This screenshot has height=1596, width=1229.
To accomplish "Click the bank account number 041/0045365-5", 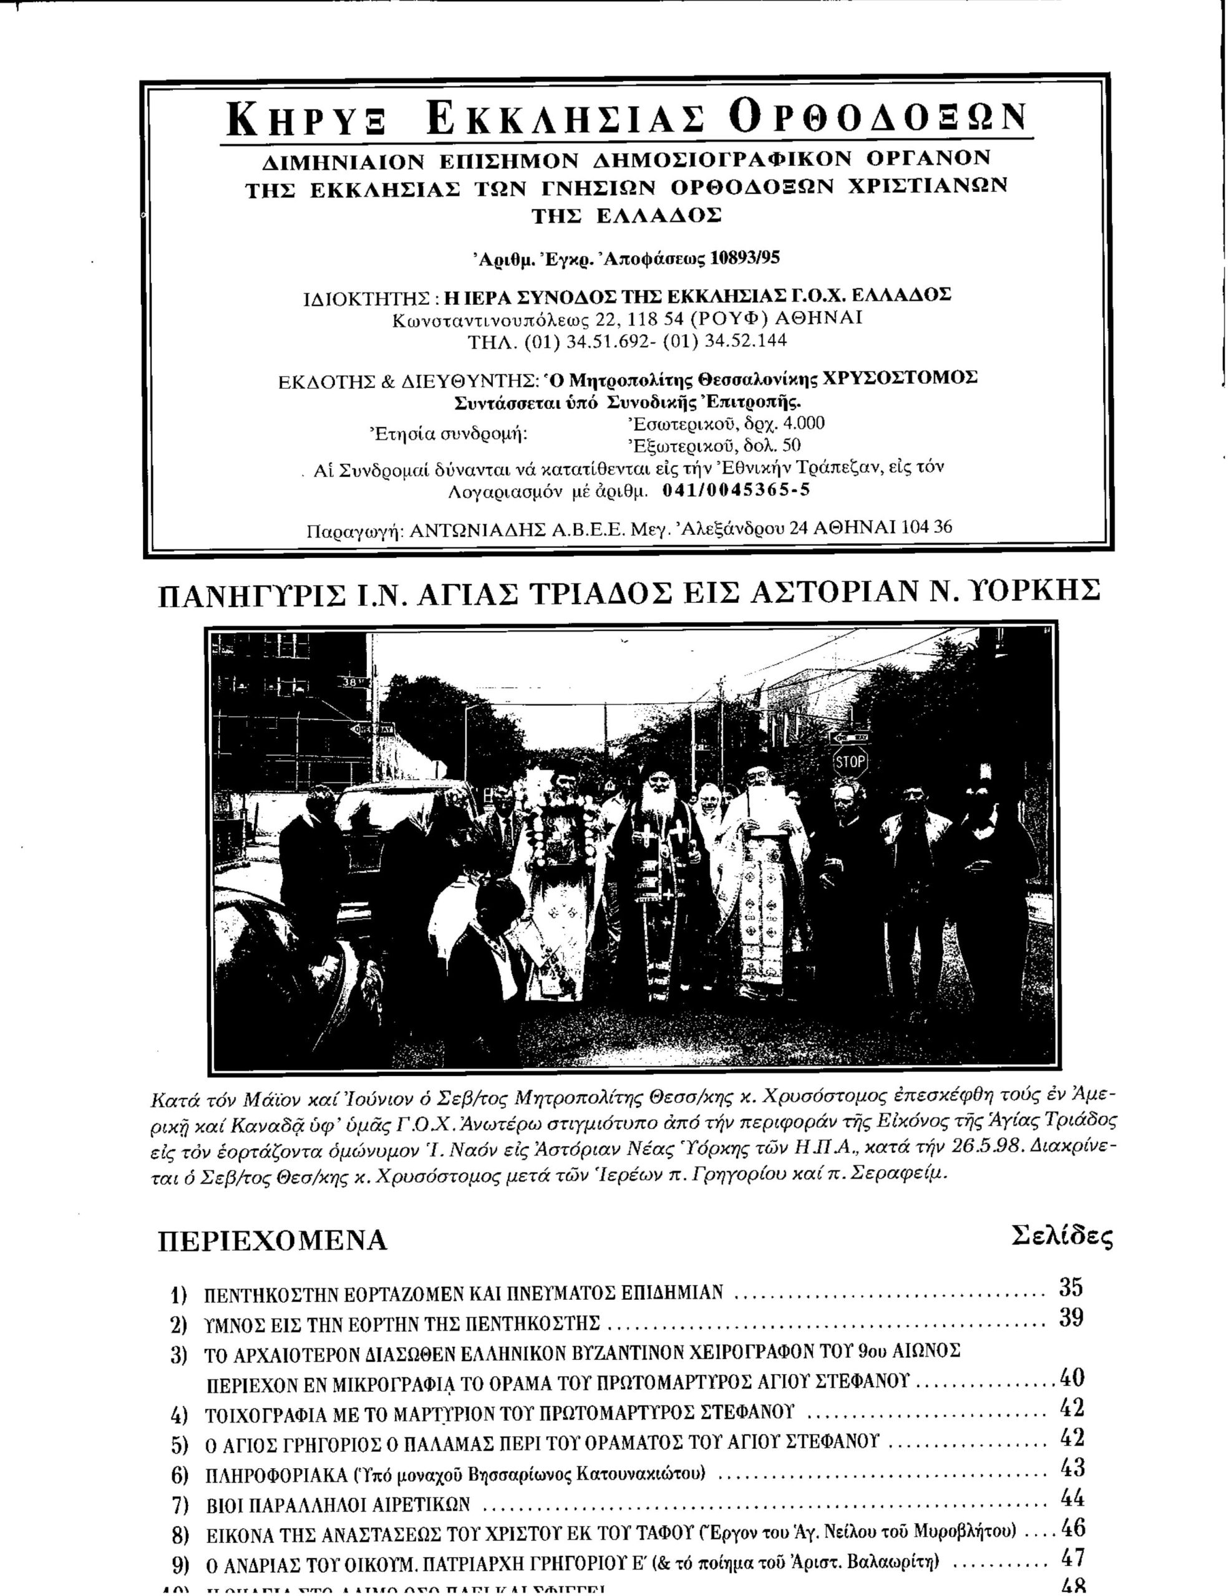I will (736, 489).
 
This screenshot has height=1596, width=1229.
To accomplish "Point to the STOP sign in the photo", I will (850, 764).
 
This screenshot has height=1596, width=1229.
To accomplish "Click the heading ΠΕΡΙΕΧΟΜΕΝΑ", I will (273, 1240).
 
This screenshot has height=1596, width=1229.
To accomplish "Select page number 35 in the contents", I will (1071, 1287).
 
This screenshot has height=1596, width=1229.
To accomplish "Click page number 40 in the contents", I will (1071, 1378).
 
